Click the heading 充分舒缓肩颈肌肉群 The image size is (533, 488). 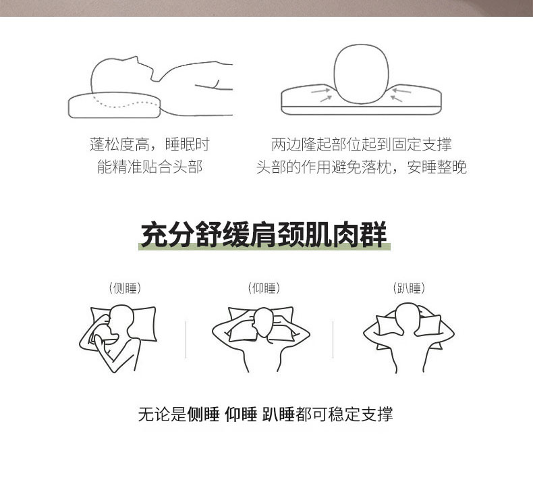[264, 234]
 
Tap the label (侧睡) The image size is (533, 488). [125, 288]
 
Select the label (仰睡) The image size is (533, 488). [264, 288]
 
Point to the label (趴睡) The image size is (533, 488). [409, 288]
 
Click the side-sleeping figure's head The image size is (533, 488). [121, 321]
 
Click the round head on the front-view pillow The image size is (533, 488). [361, 74]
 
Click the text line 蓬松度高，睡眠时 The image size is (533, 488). [150, 144]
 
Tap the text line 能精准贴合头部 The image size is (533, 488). [150, 167]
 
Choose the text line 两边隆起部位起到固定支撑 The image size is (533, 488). [362, 144]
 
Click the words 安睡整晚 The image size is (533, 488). [437, 167]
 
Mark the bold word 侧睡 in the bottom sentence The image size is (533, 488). [203, 414]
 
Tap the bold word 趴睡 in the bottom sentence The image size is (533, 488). [278, 414]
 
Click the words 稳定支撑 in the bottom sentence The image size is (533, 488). [361, 414]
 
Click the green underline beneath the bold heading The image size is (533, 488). [264, 246]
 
